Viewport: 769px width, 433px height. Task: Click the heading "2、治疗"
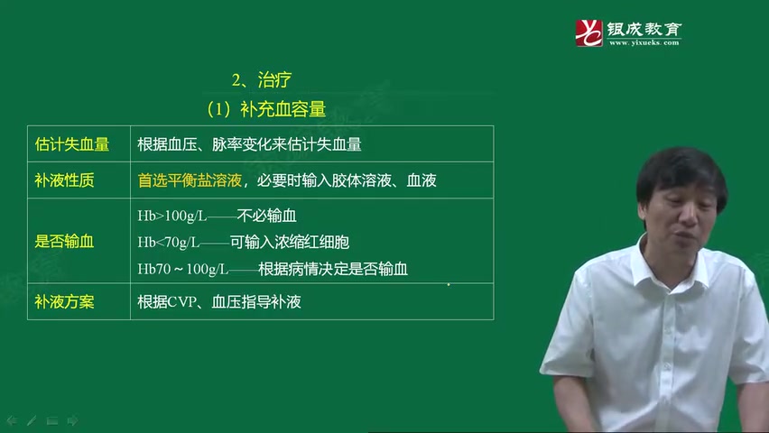click(261, 80)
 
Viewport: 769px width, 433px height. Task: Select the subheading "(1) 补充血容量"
click(265, 109)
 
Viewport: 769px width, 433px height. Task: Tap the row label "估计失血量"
click(71, 144)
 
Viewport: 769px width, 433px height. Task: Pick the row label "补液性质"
click(64, 180)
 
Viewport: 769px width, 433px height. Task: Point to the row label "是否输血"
click(64, 242)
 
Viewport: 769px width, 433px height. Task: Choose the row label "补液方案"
click(64, 301)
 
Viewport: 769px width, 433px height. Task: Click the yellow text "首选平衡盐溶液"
click(190, 180)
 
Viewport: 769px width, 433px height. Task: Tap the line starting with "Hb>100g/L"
click(218, 216)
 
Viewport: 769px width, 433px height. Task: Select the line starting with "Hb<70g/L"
click(243, 242)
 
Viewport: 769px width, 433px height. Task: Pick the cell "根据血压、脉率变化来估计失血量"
click(249, 144)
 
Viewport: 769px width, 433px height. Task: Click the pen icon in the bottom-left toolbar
click(31, 420)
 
